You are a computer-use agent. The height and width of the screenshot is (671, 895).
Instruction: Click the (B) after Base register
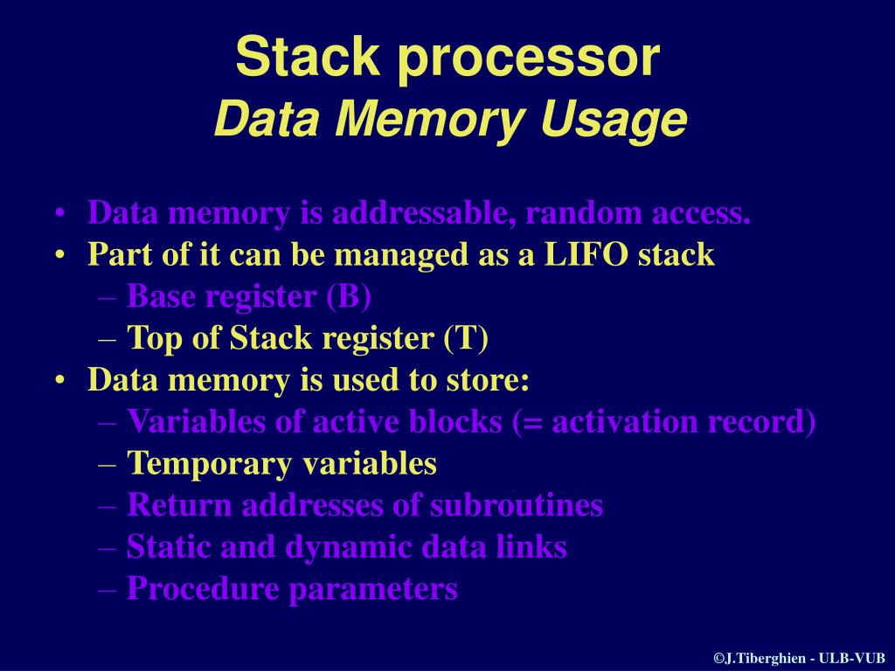(349, 296)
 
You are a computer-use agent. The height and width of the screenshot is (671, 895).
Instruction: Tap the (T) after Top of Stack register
(466, 338)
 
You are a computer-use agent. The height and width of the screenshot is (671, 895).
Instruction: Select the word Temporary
(210, 463)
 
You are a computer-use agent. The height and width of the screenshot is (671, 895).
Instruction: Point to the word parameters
(373, 590)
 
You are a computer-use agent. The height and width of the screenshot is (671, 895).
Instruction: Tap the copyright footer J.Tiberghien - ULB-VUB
(799, 658)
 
